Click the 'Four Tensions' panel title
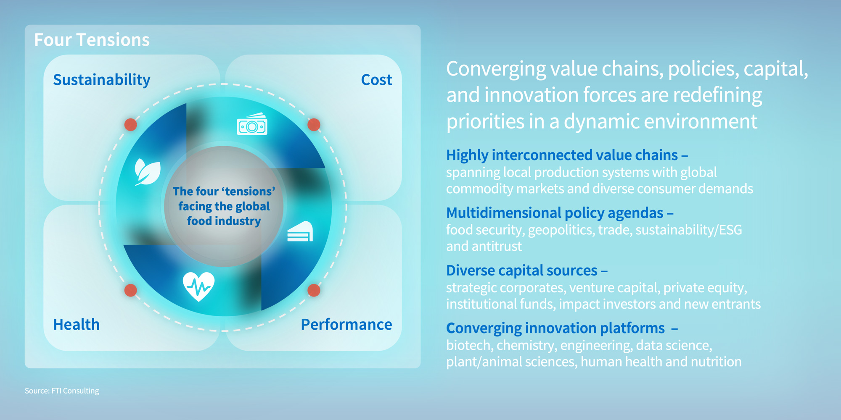[92, 40]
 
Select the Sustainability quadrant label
[101, 80]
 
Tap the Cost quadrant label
[376, 80]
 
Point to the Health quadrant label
[76, 325]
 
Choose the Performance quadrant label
[346, 325]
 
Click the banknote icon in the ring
[252, 124]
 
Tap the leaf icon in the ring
[147, 172]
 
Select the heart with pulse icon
[198, 286]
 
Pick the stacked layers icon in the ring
[300, 231]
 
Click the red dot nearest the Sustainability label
[131, 125]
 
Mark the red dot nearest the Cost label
[314, 125]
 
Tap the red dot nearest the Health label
[131, 290]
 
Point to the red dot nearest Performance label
[314, 290]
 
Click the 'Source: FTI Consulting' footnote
[62, 391]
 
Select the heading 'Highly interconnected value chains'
[562, 155]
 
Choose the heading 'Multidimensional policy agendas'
[555, 213]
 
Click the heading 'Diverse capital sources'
[521, 270]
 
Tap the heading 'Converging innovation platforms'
[555, 328]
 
